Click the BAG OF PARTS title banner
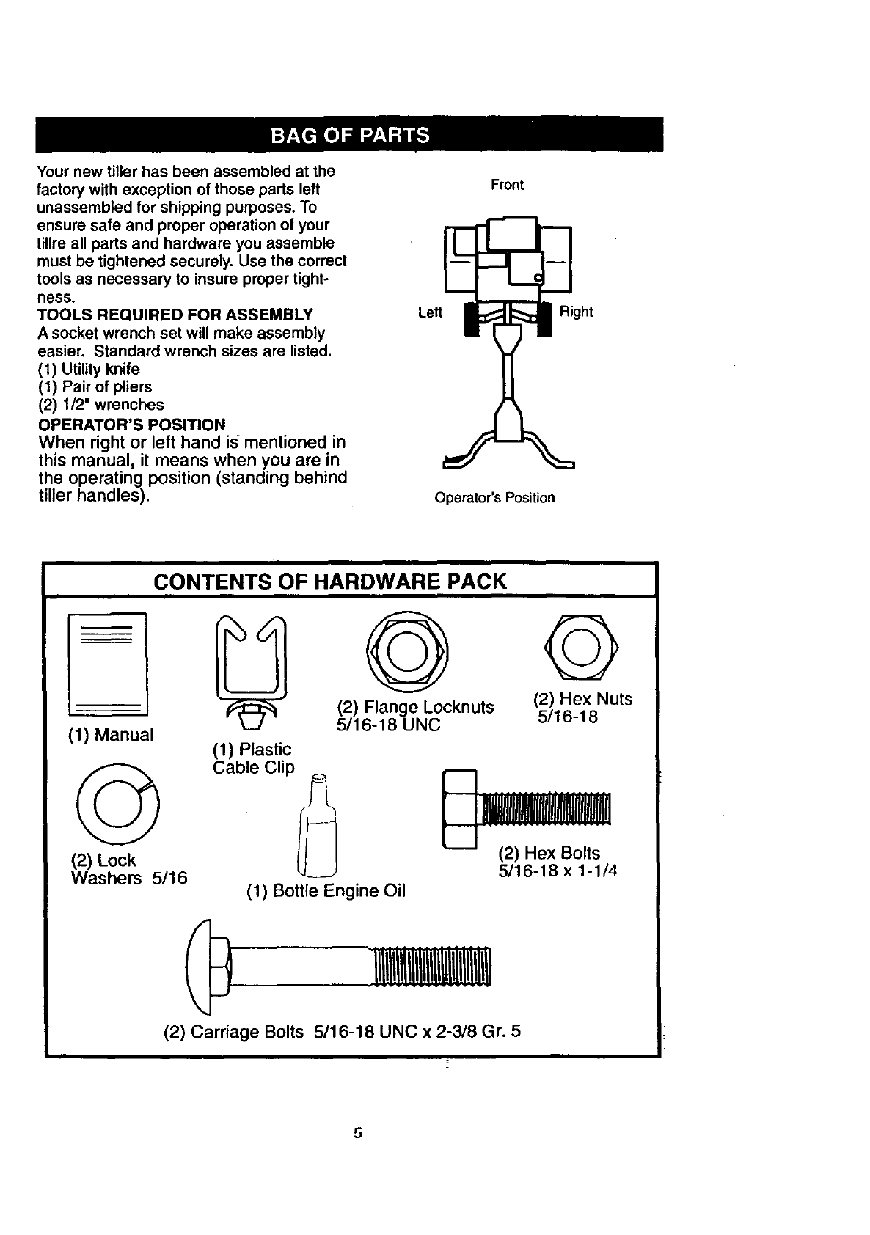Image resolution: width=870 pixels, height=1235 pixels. click(349, 135)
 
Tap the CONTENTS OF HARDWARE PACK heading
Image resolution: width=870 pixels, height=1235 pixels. click(330, 582)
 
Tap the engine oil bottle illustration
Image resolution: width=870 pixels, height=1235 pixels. click(317, 829)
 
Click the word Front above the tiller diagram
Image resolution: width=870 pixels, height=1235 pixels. click(507, 185)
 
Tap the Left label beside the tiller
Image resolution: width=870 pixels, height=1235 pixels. click(430, 312)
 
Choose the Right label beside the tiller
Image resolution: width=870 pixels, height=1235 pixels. click(576, 312)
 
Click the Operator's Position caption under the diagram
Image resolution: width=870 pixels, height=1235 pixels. click(494, 498)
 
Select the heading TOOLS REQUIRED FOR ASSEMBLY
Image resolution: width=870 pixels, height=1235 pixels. click(175, 315)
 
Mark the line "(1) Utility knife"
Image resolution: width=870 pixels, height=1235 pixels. click(89, 369)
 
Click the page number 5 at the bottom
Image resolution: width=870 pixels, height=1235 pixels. click(358, 1132)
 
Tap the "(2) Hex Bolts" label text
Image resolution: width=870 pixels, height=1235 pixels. click(549, 853)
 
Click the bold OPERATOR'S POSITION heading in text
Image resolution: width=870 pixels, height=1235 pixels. click(132, 425)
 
